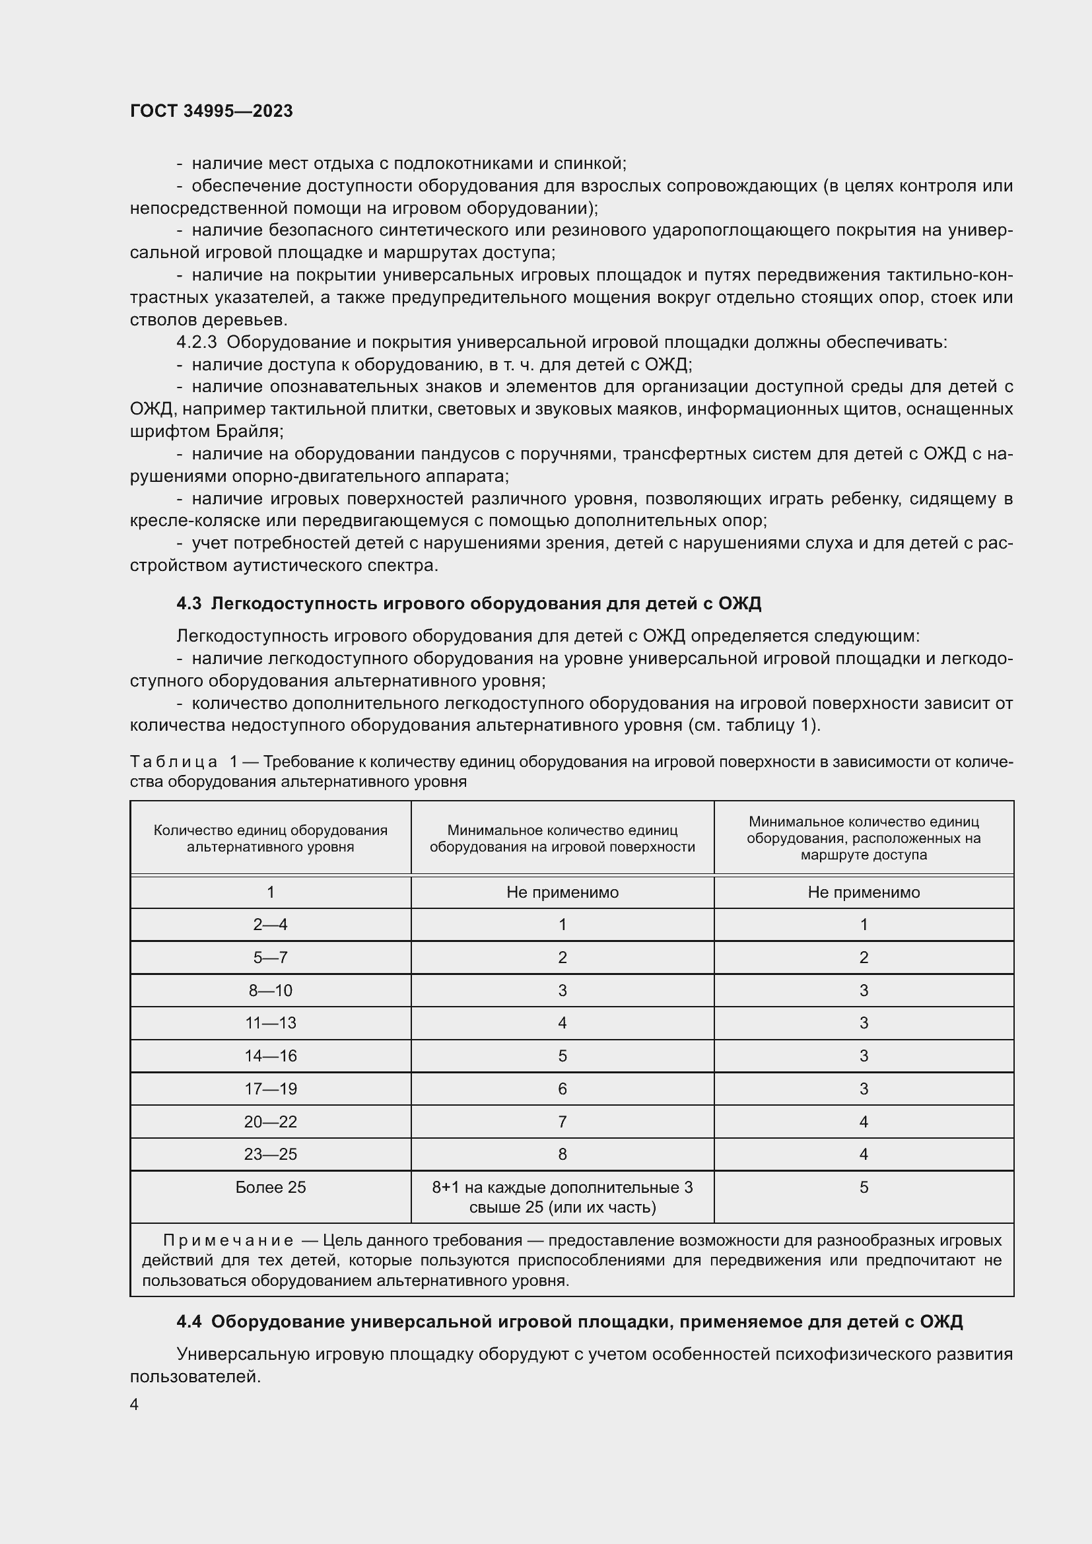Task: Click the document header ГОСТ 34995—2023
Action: [x=211, y=111]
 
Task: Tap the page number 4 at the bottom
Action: [x=135, y=1404]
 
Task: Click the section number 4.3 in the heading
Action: [x=189, y=603]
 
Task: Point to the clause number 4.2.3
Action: [x=196, y=343]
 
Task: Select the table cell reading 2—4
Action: [x=270, y=924]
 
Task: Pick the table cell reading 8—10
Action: [x=270, y=990]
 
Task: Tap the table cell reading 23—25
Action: [x=270, y=1154]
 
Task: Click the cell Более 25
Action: [x=270, y=1187]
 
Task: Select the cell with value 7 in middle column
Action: [x=562, y=1121]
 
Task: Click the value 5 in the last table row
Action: [x=864, y=1187]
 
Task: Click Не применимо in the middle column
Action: [x=562, y=892]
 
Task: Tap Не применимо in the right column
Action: [x=864, y=892]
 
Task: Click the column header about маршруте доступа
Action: [x=864, y=838]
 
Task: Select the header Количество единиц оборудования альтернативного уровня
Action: [x=270, y=838]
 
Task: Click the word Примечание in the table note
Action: [x=228, y=1240]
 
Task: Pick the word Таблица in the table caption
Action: [x=174, y=761]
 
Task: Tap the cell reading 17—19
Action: [x=270, y=1089]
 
